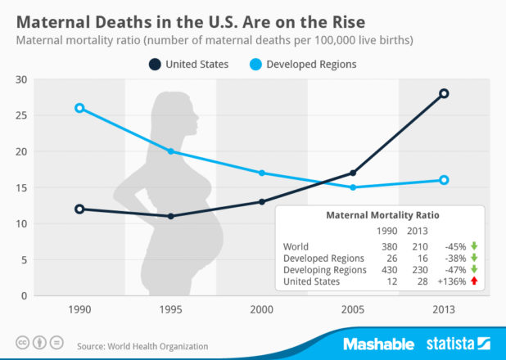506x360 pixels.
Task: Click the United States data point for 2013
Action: (445, 93)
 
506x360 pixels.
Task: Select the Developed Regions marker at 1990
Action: (79, 108)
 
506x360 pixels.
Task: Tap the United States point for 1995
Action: (170, 216)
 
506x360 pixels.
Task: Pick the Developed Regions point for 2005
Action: (353, 187)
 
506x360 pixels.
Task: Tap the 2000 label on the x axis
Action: (262, 311)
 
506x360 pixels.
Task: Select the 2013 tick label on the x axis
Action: (445, 311)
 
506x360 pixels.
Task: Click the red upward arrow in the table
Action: (474, 281)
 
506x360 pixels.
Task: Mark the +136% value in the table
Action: (450, 281)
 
